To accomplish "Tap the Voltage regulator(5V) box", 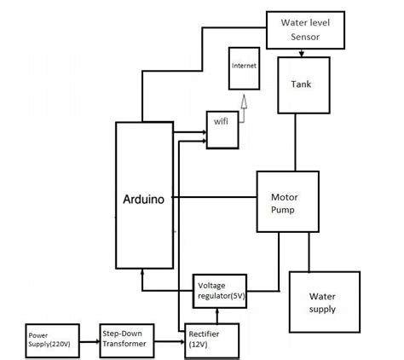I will click(x=220, y=290).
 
